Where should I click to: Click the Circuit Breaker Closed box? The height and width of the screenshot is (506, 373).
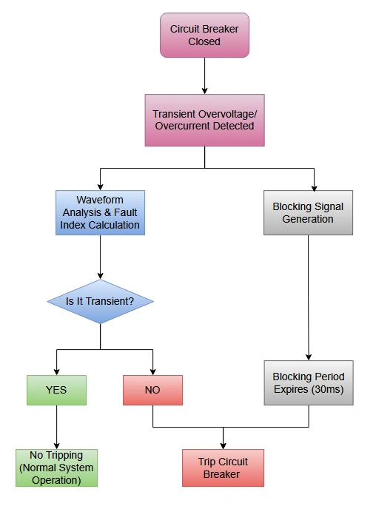(204, 36)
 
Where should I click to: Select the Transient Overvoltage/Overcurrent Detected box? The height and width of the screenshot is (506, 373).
(204, 120)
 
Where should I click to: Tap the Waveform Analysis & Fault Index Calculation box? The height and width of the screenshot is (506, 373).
(100, 212)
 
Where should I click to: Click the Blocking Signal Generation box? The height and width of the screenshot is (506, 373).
(308, 212)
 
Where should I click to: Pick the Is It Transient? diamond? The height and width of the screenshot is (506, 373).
(100, 301)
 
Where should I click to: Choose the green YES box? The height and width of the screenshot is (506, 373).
(56, 389)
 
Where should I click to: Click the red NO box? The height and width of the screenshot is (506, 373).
(152, 389)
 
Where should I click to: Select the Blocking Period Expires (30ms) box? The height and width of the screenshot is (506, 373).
(308, 382)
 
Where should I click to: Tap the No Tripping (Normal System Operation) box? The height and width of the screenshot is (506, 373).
(56, 468)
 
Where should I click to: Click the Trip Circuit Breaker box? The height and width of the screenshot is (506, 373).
(223, 468)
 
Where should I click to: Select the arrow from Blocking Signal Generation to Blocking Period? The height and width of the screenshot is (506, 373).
(308, 296)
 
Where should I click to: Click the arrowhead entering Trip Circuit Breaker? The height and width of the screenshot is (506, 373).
(223, 445)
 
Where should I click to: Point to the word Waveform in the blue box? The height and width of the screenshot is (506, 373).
(100, 200)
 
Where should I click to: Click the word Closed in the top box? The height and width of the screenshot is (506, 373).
(204, 41)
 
